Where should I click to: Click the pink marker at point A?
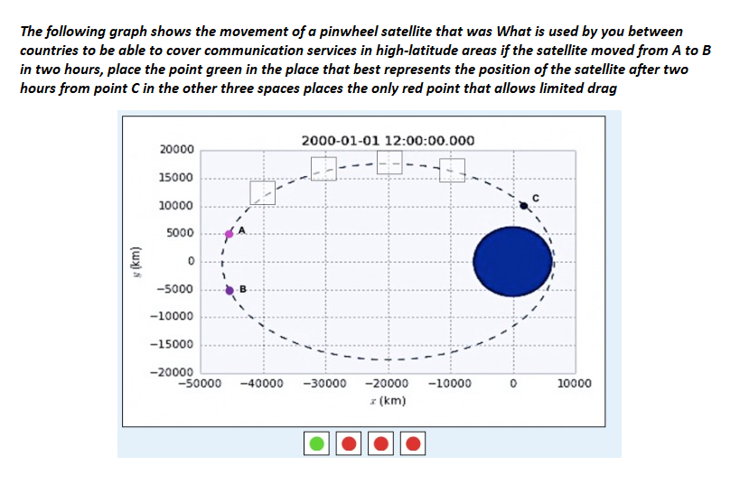[x=229, y=234]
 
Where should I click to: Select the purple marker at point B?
[x=229, y=290]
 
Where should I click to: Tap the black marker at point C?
[x=524, y=206]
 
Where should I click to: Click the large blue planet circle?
[x=511, y=261]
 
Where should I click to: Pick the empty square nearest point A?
[x=263, y=192]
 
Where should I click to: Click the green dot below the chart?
[x=317, y=443]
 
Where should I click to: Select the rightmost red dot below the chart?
[x=412, y=443]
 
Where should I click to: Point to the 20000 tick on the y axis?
[x=176, y=149]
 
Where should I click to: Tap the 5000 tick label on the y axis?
[x=181, y=234]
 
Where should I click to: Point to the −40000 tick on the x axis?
[x=263, y=383]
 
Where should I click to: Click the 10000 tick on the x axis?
[x=576, y=383]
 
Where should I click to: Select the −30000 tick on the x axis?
[x=325, y=383]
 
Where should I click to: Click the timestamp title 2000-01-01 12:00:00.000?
[x=388, y=141]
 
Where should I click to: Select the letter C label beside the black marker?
[x=535, y=198]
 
